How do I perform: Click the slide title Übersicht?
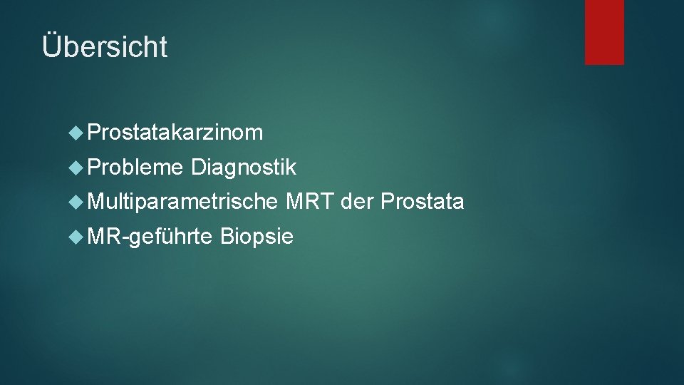pos(105,47)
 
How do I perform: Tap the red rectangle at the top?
pos(604,32)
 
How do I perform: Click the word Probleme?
pos(137,168)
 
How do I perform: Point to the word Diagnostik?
pos(244,168)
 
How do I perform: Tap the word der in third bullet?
pos(358,202)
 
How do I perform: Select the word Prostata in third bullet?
pos(423,202)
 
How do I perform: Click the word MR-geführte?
pos(150,236)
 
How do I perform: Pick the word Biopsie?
pos(257,236)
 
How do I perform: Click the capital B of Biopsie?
pos(227,236)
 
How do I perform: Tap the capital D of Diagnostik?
pos(198,168)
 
